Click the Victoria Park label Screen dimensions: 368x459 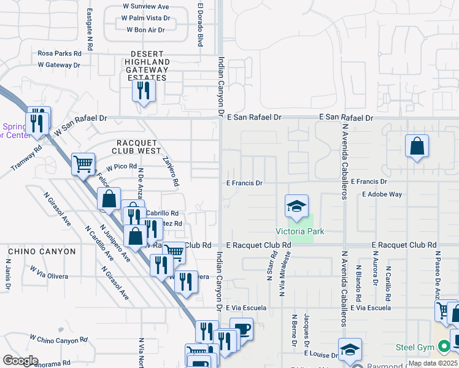coord(299,231)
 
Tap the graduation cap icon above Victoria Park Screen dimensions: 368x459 coord(296,207)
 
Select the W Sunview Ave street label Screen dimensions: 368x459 coord(145,7)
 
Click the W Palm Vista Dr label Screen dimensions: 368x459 coord(146,18)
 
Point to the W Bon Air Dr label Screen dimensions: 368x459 coord(145,29)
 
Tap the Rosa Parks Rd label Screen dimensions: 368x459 coord(60,53)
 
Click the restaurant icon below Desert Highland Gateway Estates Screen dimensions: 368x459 coord(144,91)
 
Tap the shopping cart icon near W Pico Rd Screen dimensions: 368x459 coord(83,164)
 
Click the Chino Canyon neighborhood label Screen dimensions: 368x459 coord(42,251)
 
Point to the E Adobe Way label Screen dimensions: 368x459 coord(382,194)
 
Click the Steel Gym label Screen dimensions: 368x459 coord(414,347)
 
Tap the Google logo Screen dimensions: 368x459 coord(20,361)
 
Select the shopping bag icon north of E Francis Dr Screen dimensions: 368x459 coord(417,146)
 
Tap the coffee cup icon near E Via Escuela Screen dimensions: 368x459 coord(241,329)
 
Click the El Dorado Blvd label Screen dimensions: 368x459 coord(200,25)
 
